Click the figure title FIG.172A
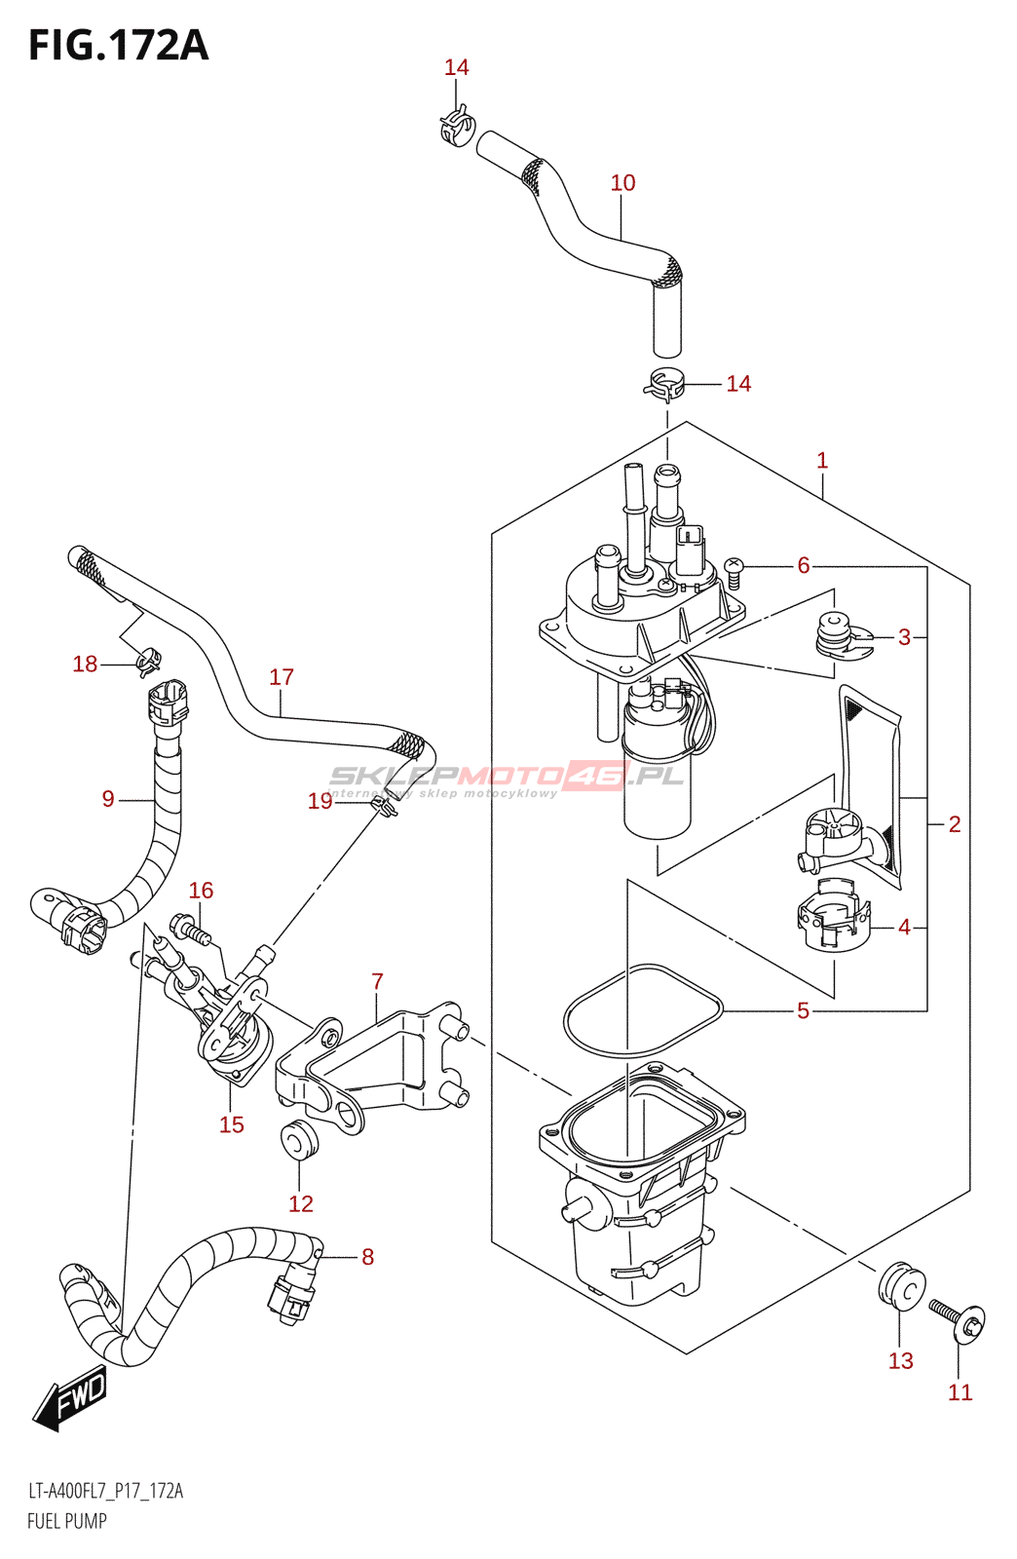click(119, 47)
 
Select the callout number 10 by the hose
click(622, 183)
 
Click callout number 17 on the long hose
click(282, 676)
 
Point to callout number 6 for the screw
click(804, 565)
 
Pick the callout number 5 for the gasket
click(803, 1010)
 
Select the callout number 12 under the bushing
click(300, 1203)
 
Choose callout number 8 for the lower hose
click(367, 1256)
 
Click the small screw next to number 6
click(734, 570)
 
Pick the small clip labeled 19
click(384, 808)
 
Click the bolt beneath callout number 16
click(189, 929)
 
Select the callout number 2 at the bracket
click(954, 824)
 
